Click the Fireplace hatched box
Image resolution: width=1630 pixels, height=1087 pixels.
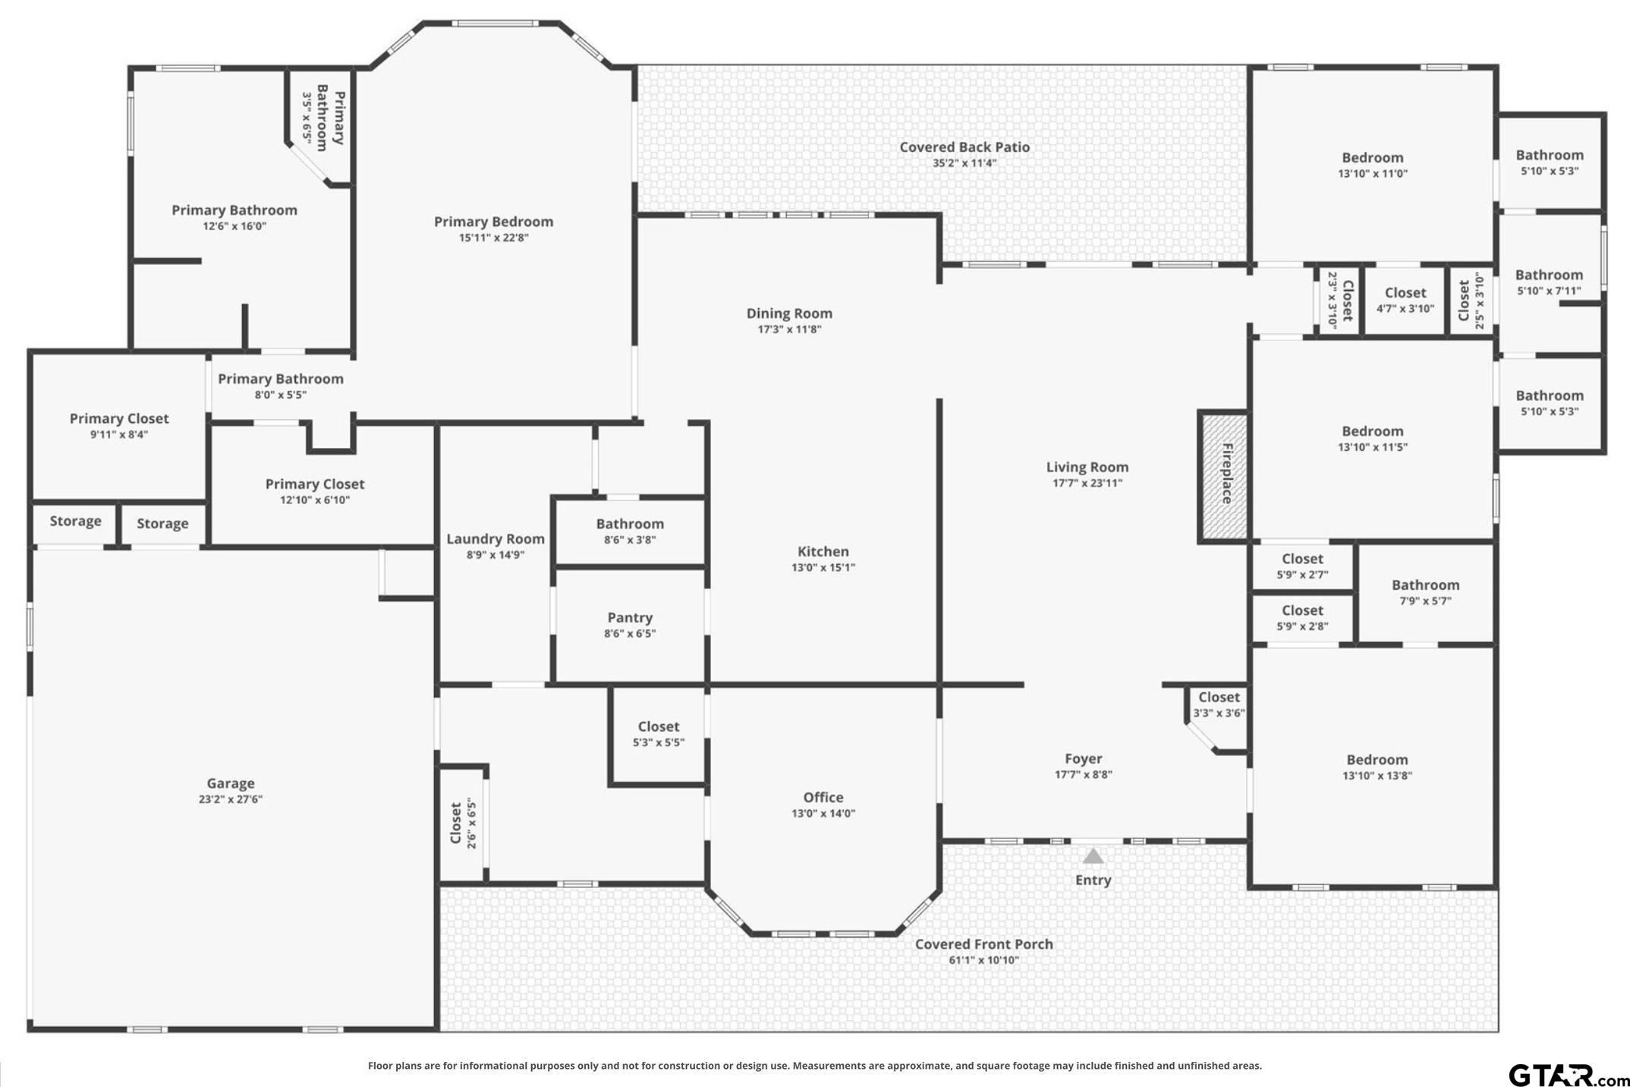(1223, 477)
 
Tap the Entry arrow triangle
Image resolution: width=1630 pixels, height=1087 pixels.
(1093, 856)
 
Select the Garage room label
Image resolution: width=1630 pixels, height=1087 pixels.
(231, 783)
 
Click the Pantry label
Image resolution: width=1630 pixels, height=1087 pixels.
(630, 618)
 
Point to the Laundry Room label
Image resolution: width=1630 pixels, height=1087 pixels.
(496, 539)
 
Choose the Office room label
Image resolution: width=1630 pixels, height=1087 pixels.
(823, 797)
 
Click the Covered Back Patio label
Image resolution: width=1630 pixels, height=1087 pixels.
(964, 147)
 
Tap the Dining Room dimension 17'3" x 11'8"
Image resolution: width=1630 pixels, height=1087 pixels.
(789, 329)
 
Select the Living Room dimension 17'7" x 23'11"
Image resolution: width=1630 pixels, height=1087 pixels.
(1087, 483)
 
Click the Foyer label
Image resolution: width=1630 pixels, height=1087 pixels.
(1084, 759)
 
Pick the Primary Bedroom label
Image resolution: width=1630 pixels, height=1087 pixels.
(493, 222)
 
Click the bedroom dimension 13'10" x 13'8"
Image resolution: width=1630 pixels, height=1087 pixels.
(1377, 776)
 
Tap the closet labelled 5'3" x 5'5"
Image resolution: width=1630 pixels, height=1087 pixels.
(659, 734)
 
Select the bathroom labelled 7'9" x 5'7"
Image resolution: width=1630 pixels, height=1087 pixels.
(1425, 592)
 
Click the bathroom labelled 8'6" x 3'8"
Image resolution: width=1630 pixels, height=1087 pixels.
(630, 531)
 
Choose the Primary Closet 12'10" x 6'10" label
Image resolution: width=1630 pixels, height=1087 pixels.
(315, 491)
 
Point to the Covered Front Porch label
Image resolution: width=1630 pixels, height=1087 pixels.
(984, 944)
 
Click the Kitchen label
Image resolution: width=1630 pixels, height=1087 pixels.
(823, 552)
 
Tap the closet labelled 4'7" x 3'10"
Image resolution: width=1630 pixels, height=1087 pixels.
(1405, 300)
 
